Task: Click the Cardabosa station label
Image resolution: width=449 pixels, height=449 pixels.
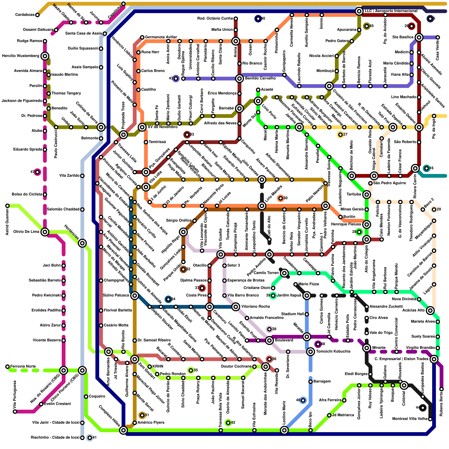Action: click(25, 15)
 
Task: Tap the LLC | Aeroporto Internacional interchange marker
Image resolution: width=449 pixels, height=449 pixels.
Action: click(359, 11)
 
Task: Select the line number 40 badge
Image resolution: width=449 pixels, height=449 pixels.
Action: click(258, 19)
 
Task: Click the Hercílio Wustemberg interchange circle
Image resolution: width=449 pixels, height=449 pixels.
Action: click(45, 56)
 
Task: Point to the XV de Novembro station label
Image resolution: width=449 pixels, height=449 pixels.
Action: click(162, 127)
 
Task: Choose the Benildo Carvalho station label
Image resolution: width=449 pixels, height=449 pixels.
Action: click(260, 79)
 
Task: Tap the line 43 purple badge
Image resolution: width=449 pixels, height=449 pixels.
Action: click(176, 79)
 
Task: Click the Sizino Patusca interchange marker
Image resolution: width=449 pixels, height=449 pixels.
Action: click(135, 295)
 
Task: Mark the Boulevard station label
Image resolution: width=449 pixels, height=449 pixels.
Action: click(284, 340)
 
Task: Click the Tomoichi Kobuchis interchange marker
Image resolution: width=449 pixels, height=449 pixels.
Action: click(310, 351)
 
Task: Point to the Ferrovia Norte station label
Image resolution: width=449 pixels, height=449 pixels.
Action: click(23, 366)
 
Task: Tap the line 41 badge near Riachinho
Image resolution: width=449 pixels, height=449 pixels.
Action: click(90, 437)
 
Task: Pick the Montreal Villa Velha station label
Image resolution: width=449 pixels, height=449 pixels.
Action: click(410, 419)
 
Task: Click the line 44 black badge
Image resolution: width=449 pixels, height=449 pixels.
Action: click(422, 407)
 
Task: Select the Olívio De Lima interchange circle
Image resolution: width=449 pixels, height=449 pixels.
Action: click(45, 232)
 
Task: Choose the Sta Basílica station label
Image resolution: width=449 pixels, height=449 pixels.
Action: click(403, 37)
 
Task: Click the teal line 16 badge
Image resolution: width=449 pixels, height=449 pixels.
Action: click(427, 168)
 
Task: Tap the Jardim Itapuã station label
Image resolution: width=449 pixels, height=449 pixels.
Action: click(289, 295)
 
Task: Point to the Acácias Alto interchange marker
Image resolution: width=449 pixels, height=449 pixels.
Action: click(430, 310)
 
